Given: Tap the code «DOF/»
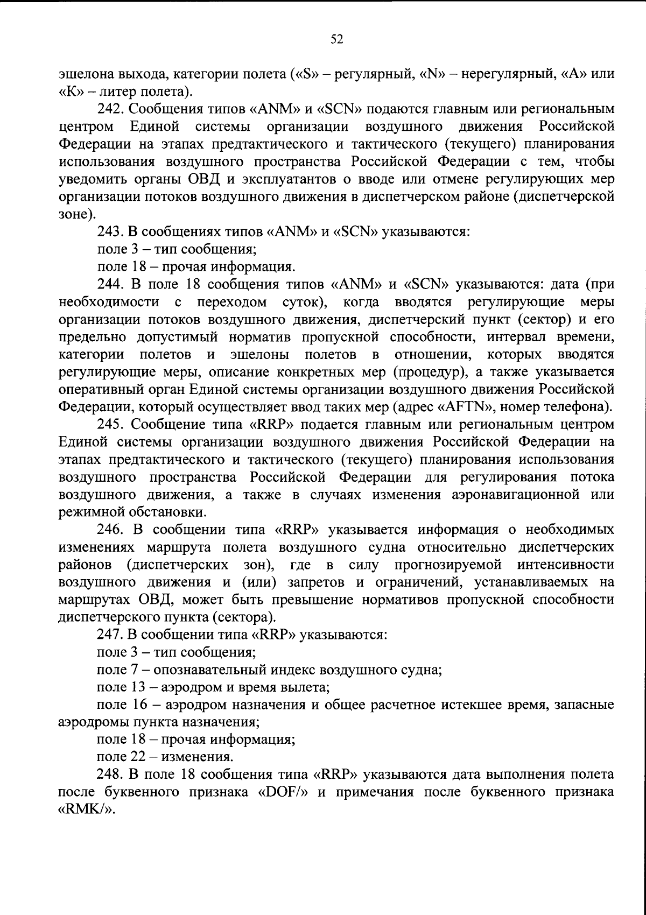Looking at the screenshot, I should pos(283,792).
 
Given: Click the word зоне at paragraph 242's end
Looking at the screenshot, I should pos(75,215).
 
